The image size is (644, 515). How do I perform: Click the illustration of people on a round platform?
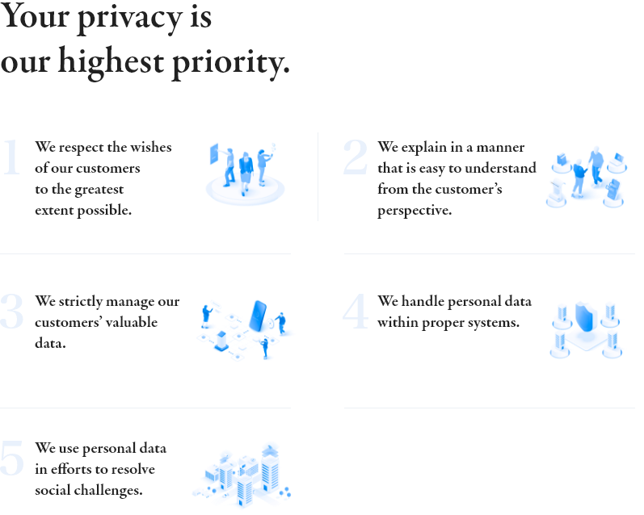[x=246, y=174]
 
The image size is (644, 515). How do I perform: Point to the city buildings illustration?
[x=242, y=472]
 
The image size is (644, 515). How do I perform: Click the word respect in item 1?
[x=80, y=148]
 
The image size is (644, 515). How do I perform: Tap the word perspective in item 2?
[x=414, y=211]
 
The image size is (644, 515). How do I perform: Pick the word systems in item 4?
[x=495, y=323]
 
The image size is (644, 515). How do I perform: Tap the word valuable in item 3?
[x=128, y=323]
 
